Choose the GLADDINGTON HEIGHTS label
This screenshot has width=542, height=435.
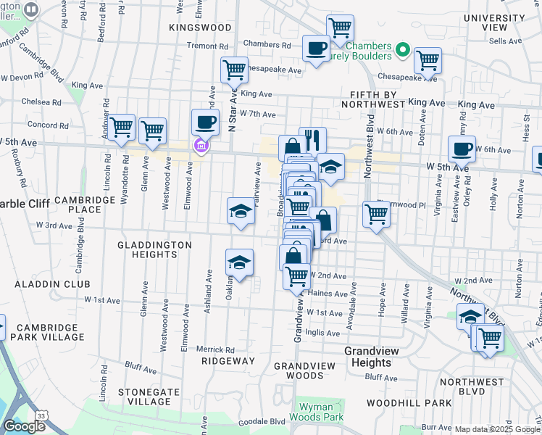coord(154,251)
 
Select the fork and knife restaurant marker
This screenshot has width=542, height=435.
coord(312,139)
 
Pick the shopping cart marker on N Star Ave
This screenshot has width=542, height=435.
coord(234,71)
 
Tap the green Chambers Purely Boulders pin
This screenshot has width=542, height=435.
coord(404,51)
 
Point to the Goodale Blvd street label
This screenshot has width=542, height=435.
coord(268,421)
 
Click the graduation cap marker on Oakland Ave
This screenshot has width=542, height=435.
coord(239,262)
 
